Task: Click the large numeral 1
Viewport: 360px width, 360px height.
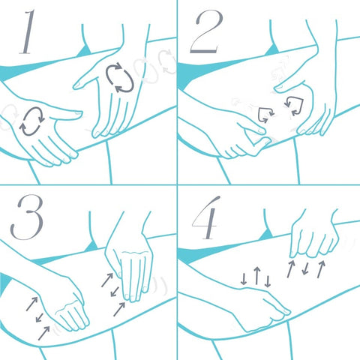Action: [x=28, y=32]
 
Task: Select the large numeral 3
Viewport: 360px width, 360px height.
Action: [x=27, y=217]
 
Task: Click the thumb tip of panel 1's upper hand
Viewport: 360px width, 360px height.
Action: [x=75, y=86]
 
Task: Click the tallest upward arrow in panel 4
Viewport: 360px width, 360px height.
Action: [x=256, y=276]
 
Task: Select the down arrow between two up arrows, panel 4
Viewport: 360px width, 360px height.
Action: [x=305, y=268]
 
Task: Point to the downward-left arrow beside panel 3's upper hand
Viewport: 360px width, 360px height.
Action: [x=115, y=292]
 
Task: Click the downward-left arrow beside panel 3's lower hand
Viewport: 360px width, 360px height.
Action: [x=40, y=317]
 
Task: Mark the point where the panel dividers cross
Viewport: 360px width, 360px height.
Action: [x=177, y=185]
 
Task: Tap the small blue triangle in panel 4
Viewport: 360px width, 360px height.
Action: [x=266, y=235]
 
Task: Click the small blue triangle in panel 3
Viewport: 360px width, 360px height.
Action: [x=91, y=247]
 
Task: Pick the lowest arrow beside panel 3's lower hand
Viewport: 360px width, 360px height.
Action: [x=43, y=333]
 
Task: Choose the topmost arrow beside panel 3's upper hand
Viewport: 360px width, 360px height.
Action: [x=107, y=280]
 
